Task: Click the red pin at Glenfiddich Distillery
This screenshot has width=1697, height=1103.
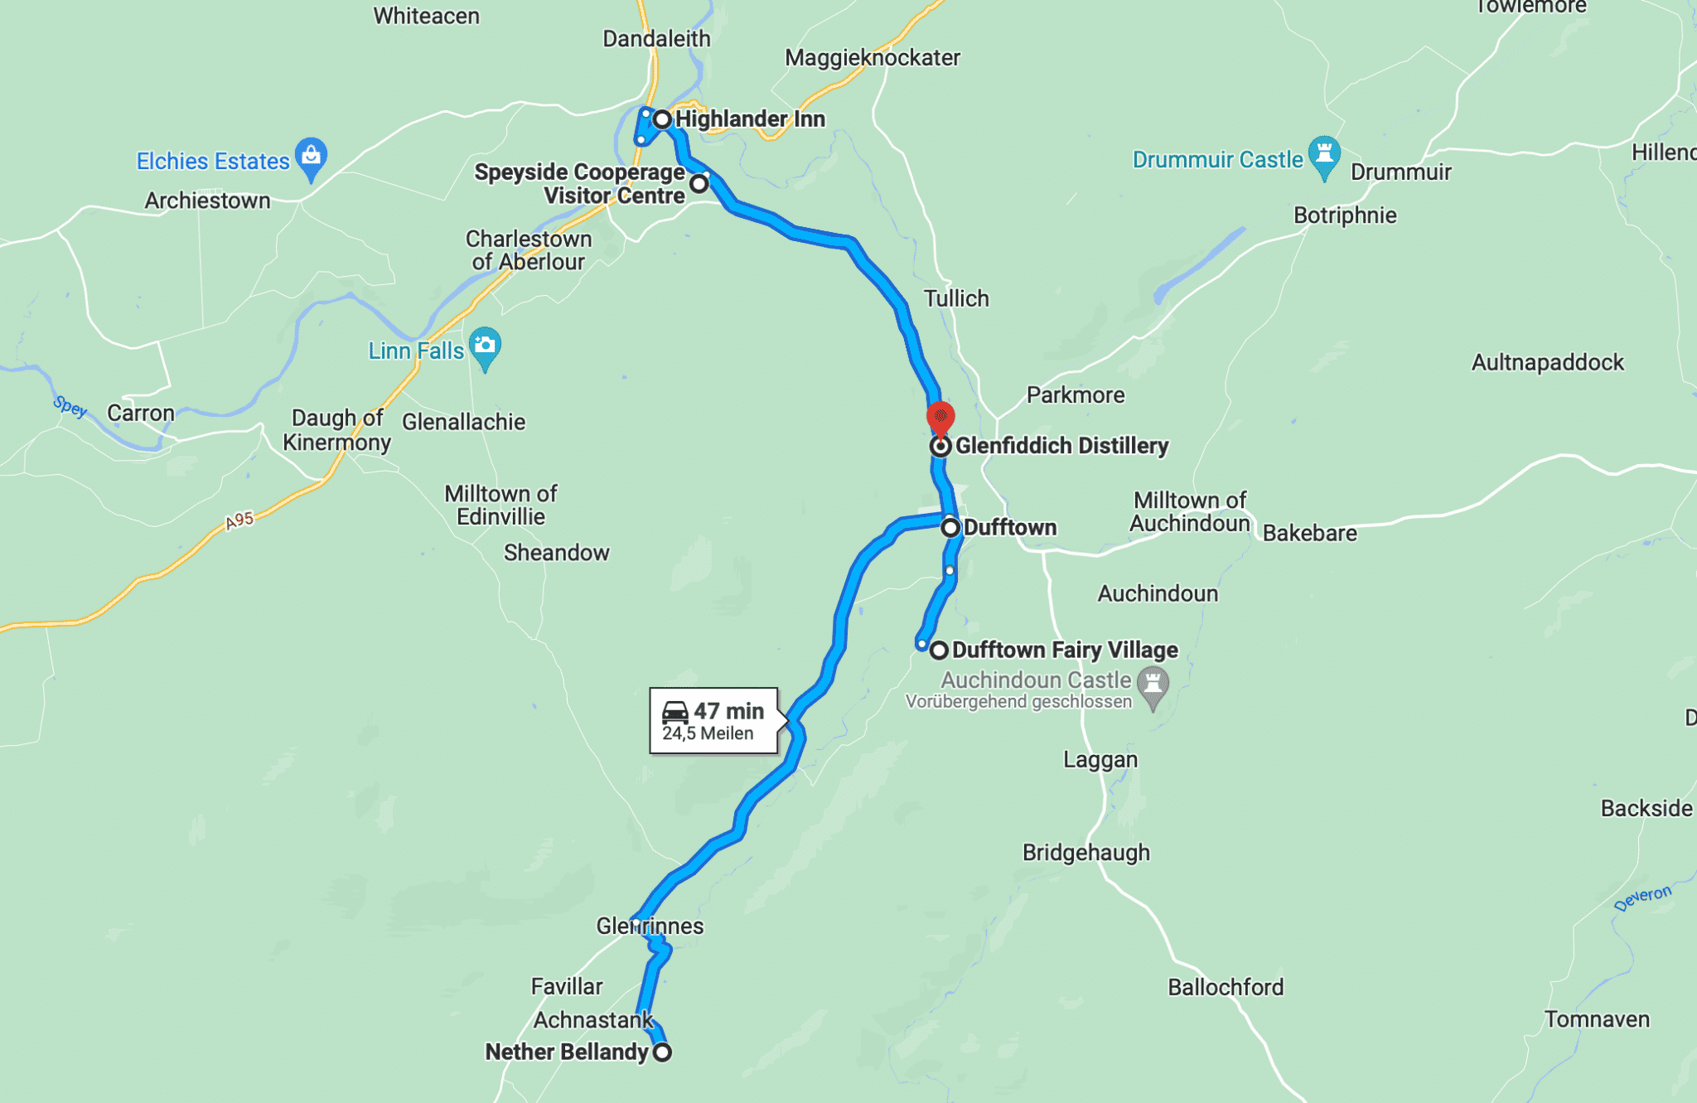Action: coord(940,416)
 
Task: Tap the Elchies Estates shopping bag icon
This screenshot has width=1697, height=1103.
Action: coord(312,156)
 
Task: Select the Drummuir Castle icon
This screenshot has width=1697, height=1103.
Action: coord(1324,154)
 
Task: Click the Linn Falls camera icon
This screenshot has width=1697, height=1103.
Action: coord(485,345)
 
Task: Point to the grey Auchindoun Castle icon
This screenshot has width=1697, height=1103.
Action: coord(1153,685)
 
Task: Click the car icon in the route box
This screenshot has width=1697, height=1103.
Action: coord(675,712)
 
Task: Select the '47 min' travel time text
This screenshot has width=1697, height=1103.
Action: coord(729,711)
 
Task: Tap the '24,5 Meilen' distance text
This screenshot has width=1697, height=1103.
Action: coord(708,733)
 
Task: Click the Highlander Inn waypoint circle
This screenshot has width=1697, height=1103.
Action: coord(662,119)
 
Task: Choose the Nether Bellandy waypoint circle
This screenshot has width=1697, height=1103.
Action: coord(662,1052)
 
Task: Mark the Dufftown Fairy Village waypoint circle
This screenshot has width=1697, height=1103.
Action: coord(938,651)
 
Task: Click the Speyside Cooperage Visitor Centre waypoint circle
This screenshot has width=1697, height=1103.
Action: coord(699,183)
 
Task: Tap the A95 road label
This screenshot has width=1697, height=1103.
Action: coord(239,520)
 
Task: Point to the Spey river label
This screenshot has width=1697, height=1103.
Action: coord(70,406)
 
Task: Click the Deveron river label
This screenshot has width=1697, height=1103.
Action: coord(1642,898)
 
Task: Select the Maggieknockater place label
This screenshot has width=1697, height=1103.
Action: coord(873,58)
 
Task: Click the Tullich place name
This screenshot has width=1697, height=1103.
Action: coord(956,298)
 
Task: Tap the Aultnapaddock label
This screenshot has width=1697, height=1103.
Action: coord(1547,362)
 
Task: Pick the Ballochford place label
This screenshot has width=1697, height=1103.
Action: coord(1226,987)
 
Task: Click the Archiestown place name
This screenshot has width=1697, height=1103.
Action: coord(207,201)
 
